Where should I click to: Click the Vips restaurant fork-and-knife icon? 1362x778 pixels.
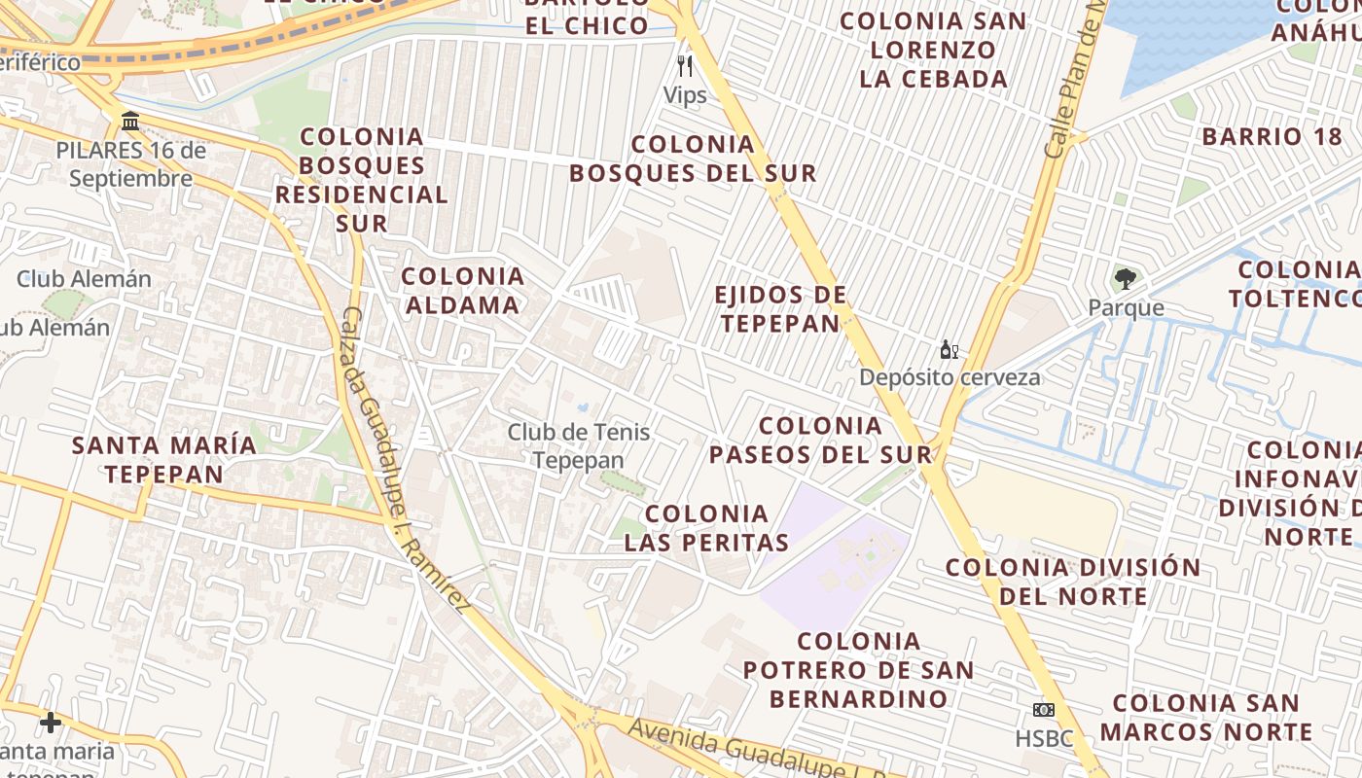coord(685,66)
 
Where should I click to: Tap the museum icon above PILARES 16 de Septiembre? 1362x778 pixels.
coord(129,122)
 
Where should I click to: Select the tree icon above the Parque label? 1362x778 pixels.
coord(1125,279)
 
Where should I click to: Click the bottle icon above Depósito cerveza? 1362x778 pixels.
coord(949,350)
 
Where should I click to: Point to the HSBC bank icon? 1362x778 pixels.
coord(1044,710)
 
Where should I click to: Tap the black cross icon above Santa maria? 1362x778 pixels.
coord(51,723)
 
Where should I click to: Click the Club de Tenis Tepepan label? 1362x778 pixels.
coord(578,445)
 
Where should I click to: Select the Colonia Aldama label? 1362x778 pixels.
coord(462,291)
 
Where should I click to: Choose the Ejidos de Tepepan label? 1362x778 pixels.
coord(779,309)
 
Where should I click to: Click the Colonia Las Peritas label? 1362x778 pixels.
coord(706,528)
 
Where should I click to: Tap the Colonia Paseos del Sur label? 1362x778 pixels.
coord(820,440)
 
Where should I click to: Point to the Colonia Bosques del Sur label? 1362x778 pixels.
coord(693,159)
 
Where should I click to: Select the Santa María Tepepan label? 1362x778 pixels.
coord(164,460)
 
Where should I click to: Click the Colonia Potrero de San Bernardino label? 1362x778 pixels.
coord(858,670)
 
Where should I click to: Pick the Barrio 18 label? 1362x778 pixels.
coord(1272,136)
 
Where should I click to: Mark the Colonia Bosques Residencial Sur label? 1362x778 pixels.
coord(361,180)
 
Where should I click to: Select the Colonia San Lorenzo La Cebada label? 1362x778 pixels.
coord(933,50)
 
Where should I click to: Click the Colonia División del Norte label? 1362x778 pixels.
coord(1073,581)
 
